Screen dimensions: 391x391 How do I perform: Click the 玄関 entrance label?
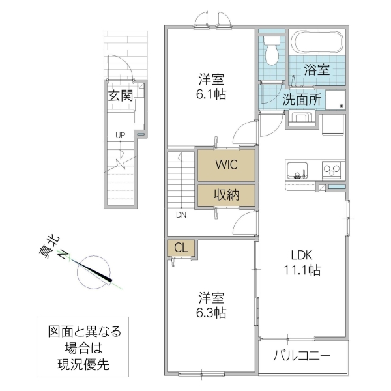pos(121,96)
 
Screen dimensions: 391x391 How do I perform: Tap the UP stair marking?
pos(120,135)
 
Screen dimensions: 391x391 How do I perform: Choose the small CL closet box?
pos(181,248)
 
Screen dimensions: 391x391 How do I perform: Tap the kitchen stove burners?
pos(332,170)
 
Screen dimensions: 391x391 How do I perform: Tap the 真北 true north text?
pos(47,249)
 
